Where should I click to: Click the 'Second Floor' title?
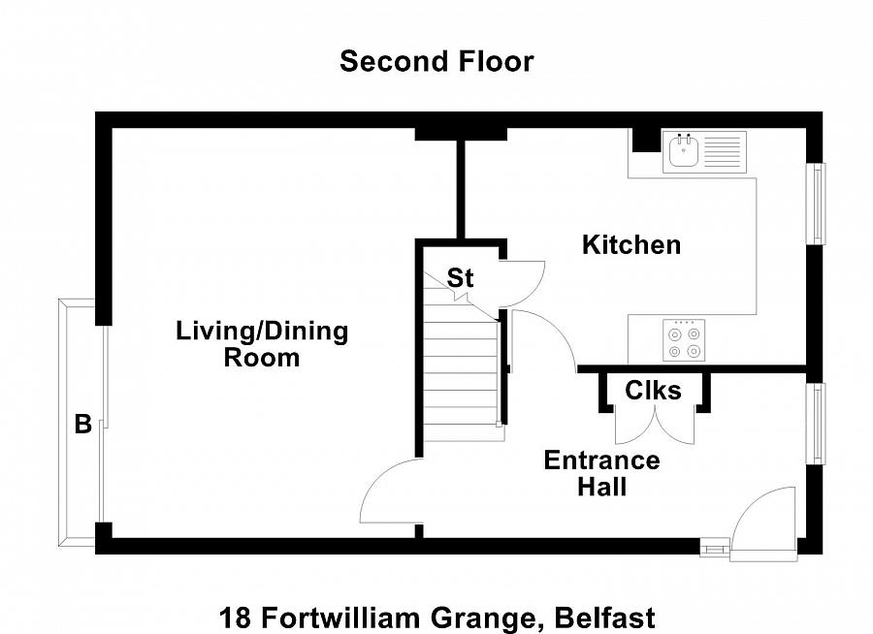point(436,61)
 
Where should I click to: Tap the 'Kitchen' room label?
point(630,245)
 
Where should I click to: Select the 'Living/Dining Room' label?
point(262,344)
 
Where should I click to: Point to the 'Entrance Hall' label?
point(601,472)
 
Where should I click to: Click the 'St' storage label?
point(460,278)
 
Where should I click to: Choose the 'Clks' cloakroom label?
point(653,391)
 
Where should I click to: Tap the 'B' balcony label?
point(83,424)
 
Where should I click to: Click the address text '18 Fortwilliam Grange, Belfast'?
point(436,617)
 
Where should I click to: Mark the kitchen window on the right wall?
point(819,204)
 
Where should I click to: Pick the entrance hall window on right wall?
point(819,424)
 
